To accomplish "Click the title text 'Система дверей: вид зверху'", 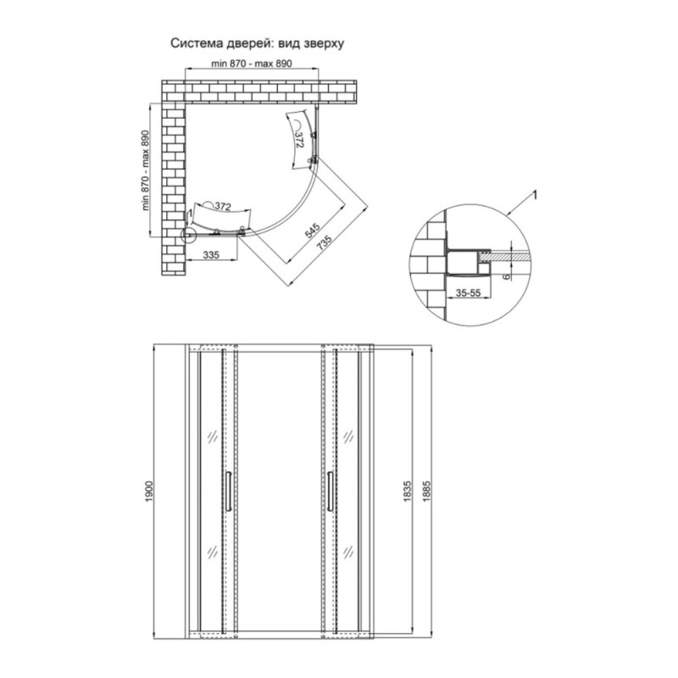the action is (x=258, y=44).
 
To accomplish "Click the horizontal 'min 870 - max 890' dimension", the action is (x=251, y=64).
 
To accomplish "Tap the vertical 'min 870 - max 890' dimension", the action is (x=145, y=170).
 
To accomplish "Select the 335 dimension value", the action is (x=211, y=255).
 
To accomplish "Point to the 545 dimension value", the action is (x=312, y=231).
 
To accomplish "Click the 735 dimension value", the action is (x=325, y=242).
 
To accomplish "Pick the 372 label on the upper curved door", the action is (x=299, y=140).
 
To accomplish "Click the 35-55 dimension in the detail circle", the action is (x=469, y=292).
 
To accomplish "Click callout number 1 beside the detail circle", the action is (x=535, y=196).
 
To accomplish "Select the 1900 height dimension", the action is (x=149, y=492).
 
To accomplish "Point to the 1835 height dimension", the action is (x=407, y=492).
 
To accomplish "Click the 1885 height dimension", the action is (x=427, y=492).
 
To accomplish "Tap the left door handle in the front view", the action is (x=228, y=492).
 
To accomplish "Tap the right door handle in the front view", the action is (x=331, y=492).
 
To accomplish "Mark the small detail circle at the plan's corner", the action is (x=188, y=234).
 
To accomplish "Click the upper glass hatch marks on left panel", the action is (x=213, y=436).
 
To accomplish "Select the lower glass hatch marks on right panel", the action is (x=348, y=552).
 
